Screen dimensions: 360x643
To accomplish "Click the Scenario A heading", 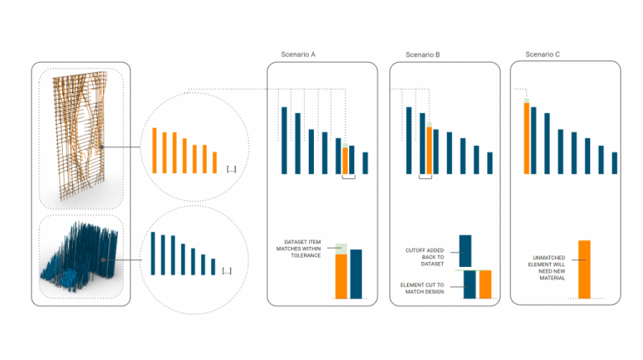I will (x=298, y=54).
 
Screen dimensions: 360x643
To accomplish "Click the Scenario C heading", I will (x=543, y=54).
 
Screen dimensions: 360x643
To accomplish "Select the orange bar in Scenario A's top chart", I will (x=345, y=161).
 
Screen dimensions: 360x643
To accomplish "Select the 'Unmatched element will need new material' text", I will (x=549, y=266).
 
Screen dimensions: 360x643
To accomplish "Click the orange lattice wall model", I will (x=78, y=134).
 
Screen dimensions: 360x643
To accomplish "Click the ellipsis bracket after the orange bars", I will (x=231, y=169).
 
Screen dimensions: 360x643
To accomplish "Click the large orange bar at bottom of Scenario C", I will (x=584, y=270).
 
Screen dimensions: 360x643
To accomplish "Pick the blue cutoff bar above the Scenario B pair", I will (x=466, y=250).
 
